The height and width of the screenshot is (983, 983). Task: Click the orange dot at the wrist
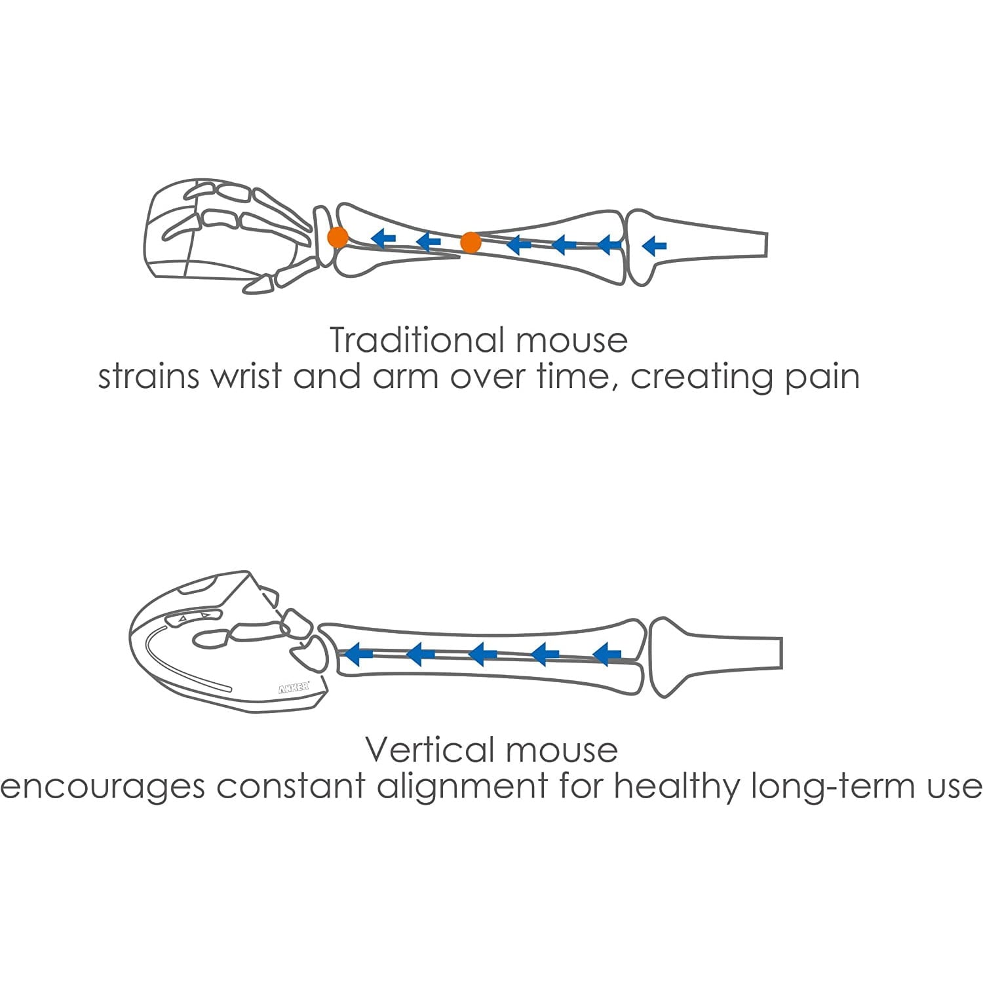coord(337,237)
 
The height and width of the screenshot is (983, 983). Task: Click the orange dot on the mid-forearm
coord(471,242)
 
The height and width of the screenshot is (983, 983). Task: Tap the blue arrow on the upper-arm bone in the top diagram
coord(654,246)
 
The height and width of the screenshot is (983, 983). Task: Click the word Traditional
coord(417,339)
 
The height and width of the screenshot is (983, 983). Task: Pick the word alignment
coord(462,786)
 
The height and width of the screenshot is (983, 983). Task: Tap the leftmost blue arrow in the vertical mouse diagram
coord(358,653)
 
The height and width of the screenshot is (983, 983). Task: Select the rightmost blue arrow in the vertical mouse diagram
coord(607,653)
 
